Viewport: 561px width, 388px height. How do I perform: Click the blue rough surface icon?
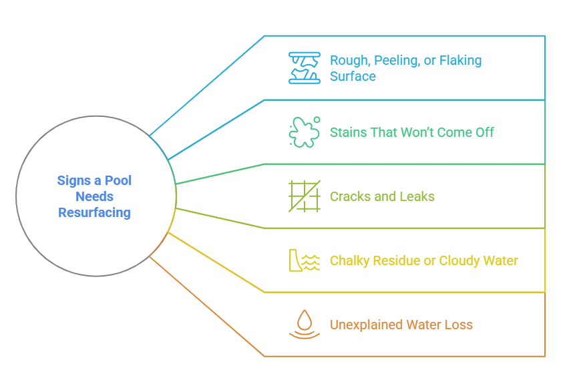304,67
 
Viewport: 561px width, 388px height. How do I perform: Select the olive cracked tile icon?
304,196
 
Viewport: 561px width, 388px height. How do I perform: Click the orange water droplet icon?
304,325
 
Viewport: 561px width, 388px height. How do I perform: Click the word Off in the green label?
486,132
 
